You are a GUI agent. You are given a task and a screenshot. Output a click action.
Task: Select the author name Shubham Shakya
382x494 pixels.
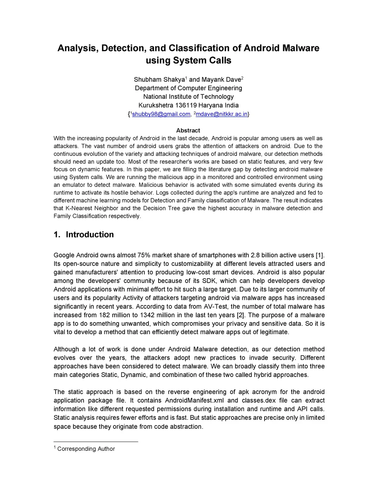pyautogui.click(x=159, y=79)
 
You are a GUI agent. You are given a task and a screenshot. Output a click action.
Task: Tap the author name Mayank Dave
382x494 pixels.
pyautogui.click(x=221, y=79)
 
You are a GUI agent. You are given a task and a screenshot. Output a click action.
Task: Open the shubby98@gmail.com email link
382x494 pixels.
pyautogui.click(x=161, y=114)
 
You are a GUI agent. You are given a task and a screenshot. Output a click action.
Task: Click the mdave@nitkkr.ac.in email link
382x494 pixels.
pyautogui.click(x=222, y=114)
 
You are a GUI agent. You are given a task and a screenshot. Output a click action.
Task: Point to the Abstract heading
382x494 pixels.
pyautogui.click(x=188, y=130)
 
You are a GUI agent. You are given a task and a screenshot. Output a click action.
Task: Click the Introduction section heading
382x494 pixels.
pyautogui.click(x=90, y=235)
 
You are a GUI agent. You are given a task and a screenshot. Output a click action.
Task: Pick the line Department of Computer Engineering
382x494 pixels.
pyautogui.click(x=188, y=88)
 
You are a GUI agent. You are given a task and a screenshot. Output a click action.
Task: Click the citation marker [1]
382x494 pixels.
pyautogui.click(x=320, y=255)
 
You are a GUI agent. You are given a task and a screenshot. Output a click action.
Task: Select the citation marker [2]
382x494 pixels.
pyautogui.click(x=241, y=315)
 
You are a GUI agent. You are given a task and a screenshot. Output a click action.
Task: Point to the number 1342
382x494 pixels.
pyautogui.click(x=147, y=315)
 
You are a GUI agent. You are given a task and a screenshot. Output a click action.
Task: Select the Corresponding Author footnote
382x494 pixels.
pyautogui.click(x=86, y=449)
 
